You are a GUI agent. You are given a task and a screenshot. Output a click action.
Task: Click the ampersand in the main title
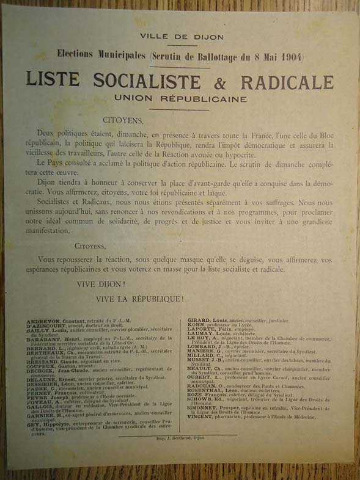(x=211, y=82)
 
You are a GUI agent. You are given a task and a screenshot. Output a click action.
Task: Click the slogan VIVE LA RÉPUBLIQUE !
(x=139, y=299)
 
